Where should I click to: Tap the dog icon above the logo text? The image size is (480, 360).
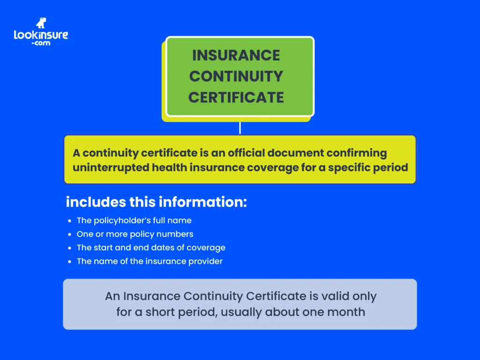[x=41, y=23]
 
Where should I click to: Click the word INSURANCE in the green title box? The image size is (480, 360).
[x=236, y=55]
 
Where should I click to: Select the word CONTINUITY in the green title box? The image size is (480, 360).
[x=236, y=76]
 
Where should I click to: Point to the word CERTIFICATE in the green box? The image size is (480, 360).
[x=236, y=97]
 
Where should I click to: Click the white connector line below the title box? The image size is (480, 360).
[x=240, y=127]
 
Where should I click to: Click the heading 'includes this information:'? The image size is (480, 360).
[x=156, y=202]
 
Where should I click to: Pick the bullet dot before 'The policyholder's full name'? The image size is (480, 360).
[x=70, y=220]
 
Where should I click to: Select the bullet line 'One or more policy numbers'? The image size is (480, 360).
[x=135, y=234]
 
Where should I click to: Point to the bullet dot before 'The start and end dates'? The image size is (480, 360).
[x=70, y=247]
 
